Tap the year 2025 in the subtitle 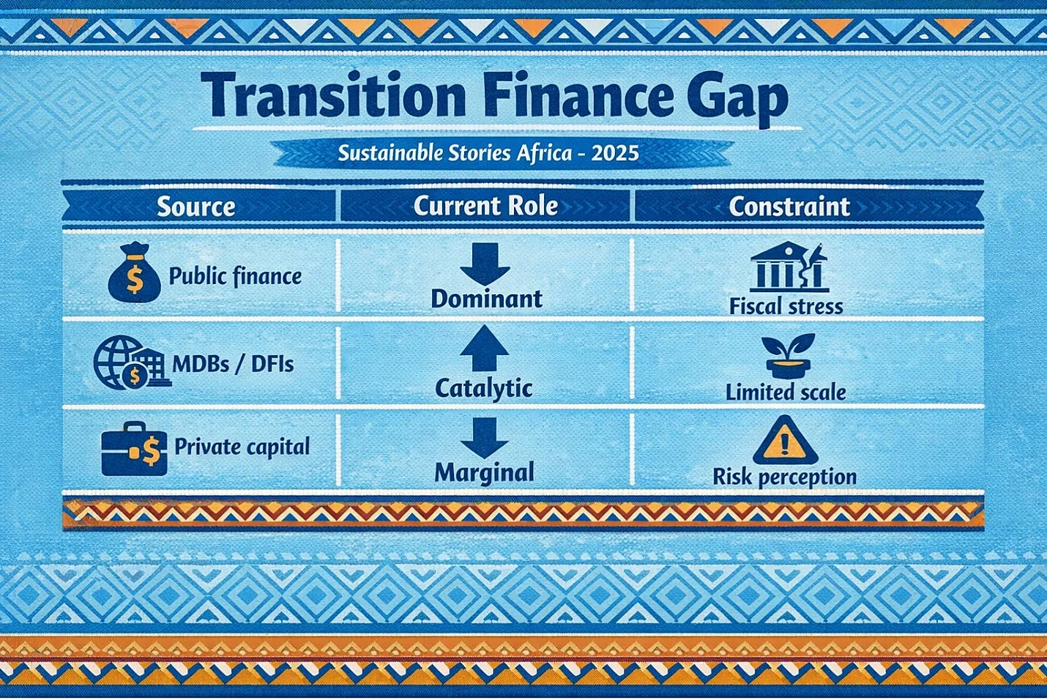[614, 153]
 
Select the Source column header [196, 206]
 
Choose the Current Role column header [485, 206]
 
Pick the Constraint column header [789, 206]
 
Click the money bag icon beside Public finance [135, 272]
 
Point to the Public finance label [235, 276]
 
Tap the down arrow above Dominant [485, 264]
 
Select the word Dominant [486, 299]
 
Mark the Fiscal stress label [786, 307]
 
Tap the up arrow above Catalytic [484, 348]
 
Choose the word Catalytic [484, 389]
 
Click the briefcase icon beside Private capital [134, 448]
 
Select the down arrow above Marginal [484, 438]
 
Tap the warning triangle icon [785, 440]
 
